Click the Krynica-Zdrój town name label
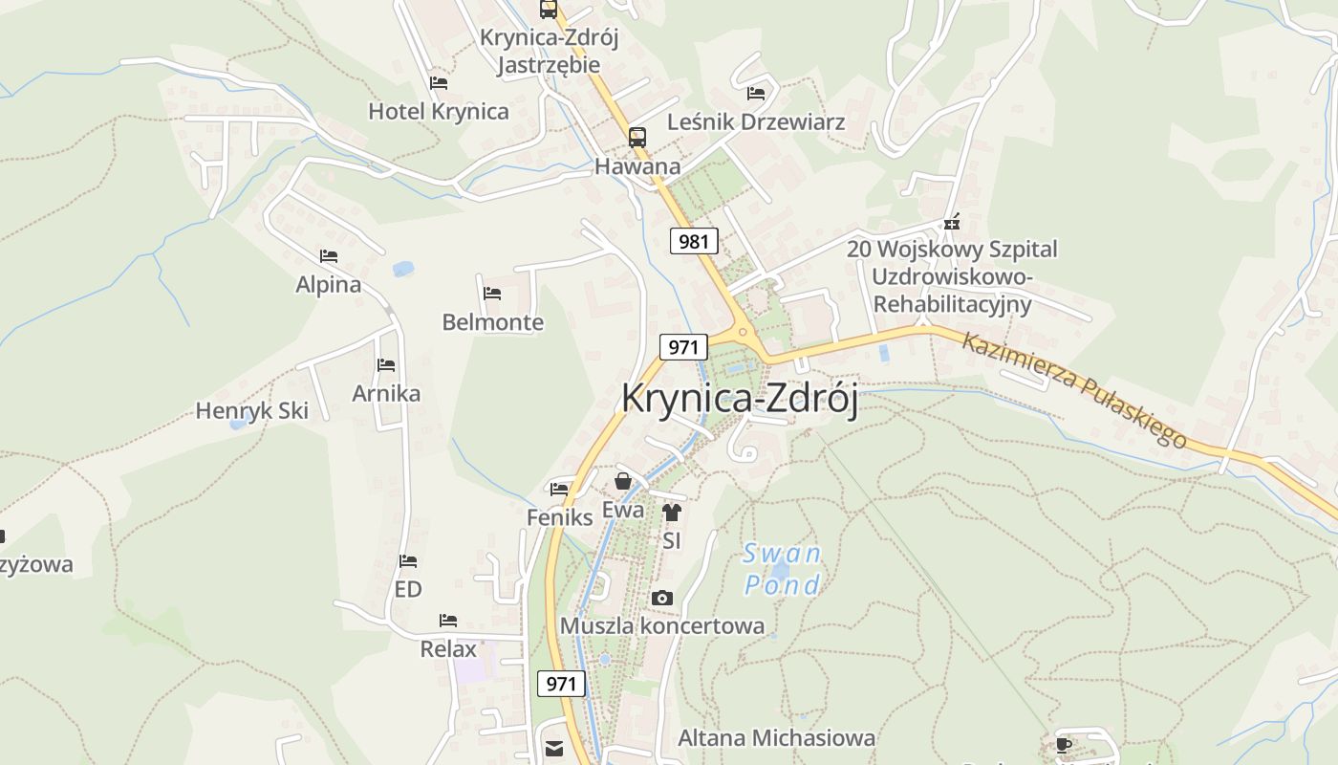point(739,399)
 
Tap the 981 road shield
point(694,241)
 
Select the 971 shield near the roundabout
point(683,346)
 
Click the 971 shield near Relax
point(561,684)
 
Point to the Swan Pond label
point(782,569)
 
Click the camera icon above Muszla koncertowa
point(661,599)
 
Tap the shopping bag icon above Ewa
point(623,481)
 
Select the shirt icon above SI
point(672,513)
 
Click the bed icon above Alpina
point(329,256)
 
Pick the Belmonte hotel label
point(492,322)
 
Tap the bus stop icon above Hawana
point(637,137)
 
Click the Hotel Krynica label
point(439,111)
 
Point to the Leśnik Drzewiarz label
point(756,122)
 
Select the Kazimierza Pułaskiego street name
point(1074,389)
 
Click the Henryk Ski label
point(252,411)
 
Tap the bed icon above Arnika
point(386,365)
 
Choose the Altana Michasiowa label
point(776,738)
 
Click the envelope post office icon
point(554,748)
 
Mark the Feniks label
point(560,517)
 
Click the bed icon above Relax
point(448,621)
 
